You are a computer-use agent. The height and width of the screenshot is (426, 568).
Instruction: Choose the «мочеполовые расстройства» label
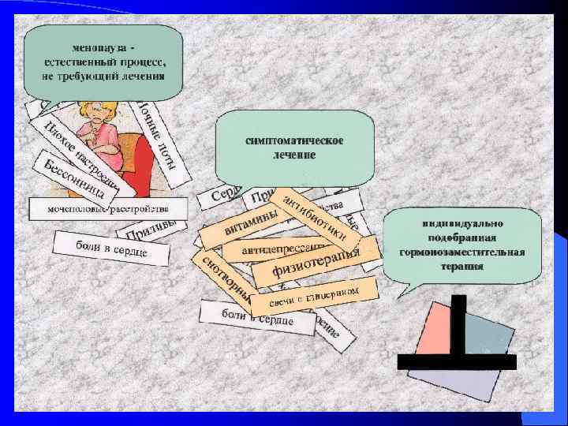[x=108, y=208]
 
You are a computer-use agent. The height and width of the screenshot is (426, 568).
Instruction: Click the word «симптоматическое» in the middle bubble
[x=293, y=140]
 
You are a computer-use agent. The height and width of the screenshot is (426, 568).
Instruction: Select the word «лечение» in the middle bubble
[x=293, y=155]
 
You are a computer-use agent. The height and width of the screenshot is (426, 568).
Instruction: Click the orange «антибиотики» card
[x=315, y=215]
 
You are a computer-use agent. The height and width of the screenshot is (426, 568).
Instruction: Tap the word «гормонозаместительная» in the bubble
[x=461, y=252]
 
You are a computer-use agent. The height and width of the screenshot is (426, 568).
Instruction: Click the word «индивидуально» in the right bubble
[x=461, y=226]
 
